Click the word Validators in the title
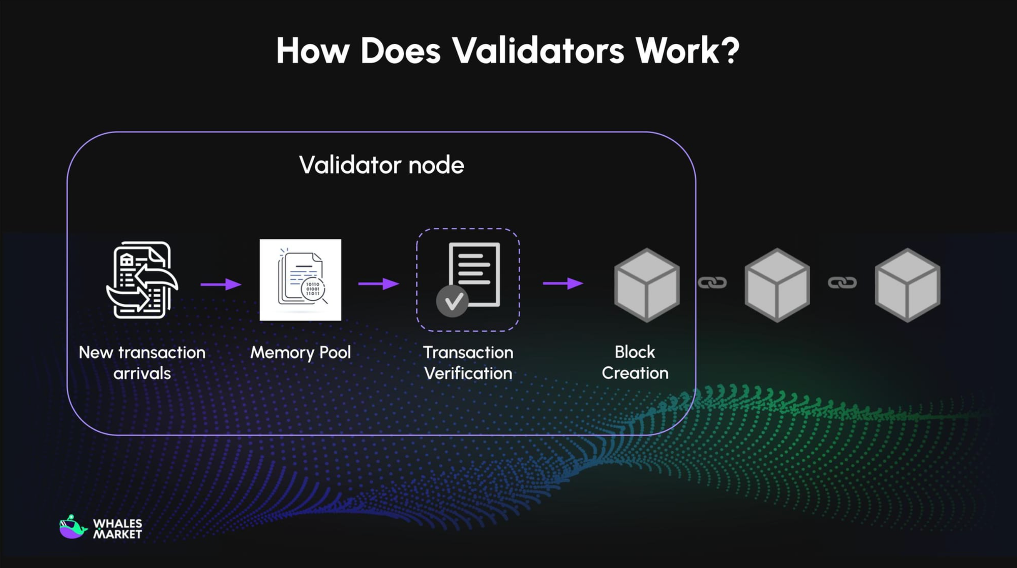(x=537, y=51)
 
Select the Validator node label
(x=381, y=165)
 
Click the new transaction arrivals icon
(x=142, y=280)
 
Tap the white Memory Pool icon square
(x=300, y=280)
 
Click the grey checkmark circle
(x=452, y=301)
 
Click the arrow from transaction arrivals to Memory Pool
(x=221, y=284)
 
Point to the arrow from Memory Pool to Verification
(x=378, y=283)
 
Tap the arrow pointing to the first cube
(x=563, y=283)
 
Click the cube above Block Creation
(x=647, y=285)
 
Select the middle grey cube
(x=777, y=285)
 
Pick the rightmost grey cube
(x=907, y=285)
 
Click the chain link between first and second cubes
(x=712, y=282)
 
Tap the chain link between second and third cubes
(x=842, y=282)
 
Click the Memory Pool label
(x=300, y=353)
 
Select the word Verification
(x=468, y=373)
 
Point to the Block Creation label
(x=635, y=362)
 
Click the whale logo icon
(x=72, y=527)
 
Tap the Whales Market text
(x=117, y=529)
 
